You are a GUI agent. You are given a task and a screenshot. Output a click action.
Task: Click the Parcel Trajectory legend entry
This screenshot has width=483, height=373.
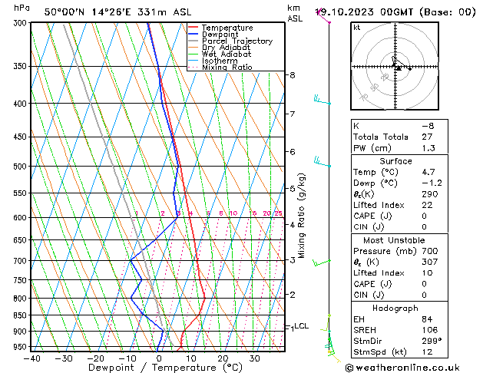[x=237, y=41]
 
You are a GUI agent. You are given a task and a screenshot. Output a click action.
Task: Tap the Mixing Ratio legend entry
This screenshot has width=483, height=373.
[x=227, y=68]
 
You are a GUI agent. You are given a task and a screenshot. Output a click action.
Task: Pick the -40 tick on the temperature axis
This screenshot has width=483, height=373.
[x=31, y=358]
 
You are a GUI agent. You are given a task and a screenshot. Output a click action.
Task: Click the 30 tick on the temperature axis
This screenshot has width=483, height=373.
[x=254, y=358]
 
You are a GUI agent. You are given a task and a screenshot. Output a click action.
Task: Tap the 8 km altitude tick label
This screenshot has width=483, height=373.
[x=293, y=75]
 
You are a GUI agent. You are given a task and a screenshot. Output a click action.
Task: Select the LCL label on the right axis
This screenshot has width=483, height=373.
[x=302, y=326]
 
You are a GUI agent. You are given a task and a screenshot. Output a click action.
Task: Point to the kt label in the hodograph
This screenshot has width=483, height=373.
[x=357, y=28]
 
